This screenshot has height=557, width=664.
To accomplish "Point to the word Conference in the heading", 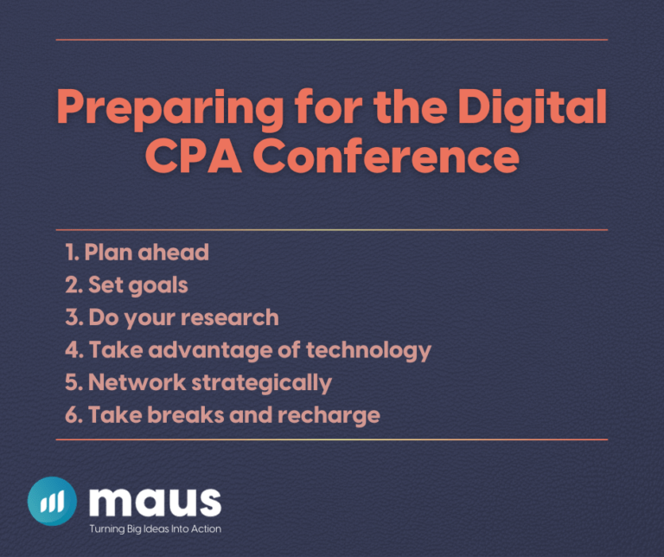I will point(393,159).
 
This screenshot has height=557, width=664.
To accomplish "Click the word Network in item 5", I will point(131,382).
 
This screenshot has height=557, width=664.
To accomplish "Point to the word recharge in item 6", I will point(329,415).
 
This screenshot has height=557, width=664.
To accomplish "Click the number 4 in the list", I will point(72,350).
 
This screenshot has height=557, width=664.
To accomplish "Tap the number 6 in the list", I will point(72,415).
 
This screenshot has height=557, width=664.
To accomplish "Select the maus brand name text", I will point(155,501).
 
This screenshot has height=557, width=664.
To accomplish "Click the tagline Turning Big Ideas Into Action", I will point(156,528).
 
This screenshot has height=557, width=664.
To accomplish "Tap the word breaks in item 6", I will point(182,415).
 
